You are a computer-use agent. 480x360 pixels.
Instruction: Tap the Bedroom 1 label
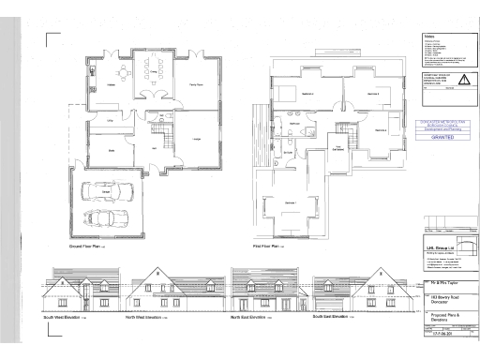coord(290,202)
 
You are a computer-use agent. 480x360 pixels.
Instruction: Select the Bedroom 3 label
coord(373,94)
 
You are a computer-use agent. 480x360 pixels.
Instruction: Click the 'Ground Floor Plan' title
coord(87,247)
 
